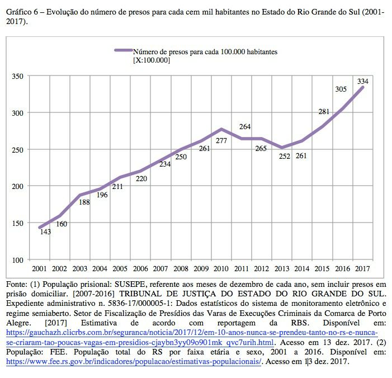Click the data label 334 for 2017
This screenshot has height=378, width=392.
tap(363, 81)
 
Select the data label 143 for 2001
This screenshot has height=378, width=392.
tap(45, 231)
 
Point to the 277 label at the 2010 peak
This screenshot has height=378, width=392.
tap(221, 141)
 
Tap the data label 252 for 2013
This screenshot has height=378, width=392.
tap(285, 156)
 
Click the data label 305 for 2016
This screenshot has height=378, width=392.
tap(341, 89)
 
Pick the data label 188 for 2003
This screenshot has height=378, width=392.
tap(84, 202)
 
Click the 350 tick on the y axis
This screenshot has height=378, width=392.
tap(18, 76)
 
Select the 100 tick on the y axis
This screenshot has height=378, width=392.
tap(18, 260)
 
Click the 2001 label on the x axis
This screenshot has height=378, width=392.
tap(39, 269)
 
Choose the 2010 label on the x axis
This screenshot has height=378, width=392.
tap(221, 269)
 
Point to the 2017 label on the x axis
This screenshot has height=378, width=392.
tap(362, 269)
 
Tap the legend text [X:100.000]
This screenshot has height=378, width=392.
tap(152, 60)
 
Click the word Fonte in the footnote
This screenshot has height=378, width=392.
tap(17, 284)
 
